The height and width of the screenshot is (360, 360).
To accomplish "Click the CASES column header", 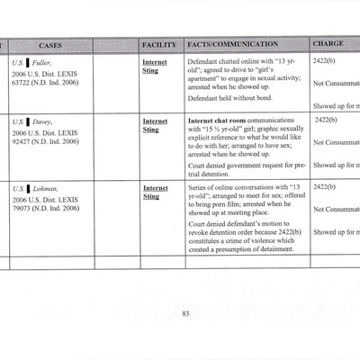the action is (x=50, y=45).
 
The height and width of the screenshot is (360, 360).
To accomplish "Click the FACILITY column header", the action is (x=158, y=45).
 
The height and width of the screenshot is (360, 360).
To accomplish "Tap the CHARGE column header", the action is (x=328, y=45).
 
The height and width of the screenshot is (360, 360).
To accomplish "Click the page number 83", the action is (x=184, y=313).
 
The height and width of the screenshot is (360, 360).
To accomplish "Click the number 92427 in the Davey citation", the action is (x=27, y=141).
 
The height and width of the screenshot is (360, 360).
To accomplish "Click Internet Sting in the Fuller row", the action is (x=155, y=67).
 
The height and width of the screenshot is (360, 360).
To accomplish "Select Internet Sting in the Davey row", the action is (x=155, y=124).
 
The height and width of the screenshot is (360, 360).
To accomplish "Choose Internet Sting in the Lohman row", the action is (x=155, y=192).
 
